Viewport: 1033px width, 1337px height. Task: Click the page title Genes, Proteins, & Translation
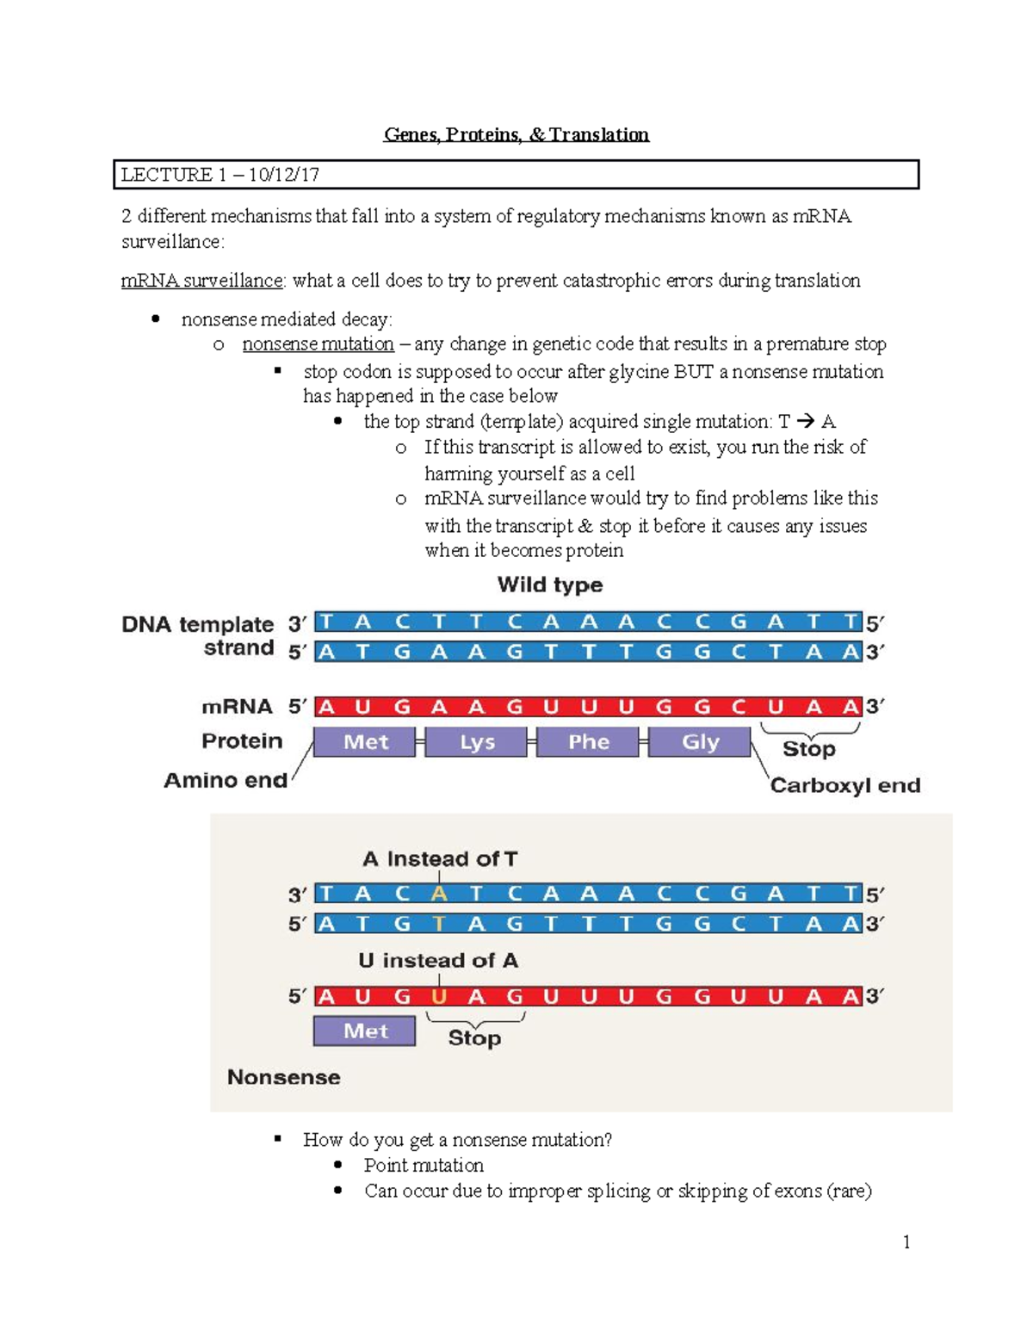coord(516,134)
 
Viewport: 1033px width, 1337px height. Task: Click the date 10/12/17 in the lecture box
coord(284,175)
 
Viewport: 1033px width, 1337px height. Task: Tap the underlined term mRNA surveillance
coord(201,281)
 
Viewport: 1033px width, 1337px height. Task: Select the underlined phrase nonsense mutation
coord(318,344)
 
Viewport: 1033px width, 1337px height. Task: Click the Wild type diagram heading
coord(550,585)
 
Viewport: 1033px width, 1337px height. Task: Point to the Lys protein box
coord(476,742)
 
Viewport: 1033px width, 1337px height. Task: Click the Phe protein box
coord(588,742)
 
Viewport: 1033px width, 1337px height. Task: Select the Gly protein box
coord(700,742)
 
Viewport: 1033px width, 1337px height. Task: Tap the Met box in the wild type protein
coord(365,742)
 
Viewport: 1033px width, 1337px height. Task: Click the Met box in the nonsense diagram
coord(365,1031)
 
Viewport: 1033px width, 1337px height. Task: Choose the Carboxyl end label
coord(844,785)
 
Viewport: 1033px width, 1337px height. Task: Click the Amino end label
coord(226,780)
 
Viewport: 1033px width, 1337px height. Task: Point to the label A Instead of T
coord(440,858)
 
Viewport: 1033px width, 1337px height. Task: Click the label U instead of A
coord(438,960)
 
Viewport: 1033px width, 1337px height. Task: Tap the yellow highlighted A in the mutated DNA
coord(439,894)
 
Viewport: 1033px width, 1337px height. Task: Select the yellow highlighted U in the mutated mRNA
coord(439,997)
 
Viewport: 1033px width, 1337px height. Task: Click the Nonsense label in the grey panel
coord(283,1077)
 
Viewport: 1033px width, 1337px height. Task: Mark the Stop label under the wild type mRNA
coord(808,749)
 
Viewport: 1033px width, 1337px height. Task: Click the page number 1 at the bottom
coord(906,1241)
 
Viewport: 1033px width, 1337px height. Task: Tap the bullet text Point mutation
coord(424,1165)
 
